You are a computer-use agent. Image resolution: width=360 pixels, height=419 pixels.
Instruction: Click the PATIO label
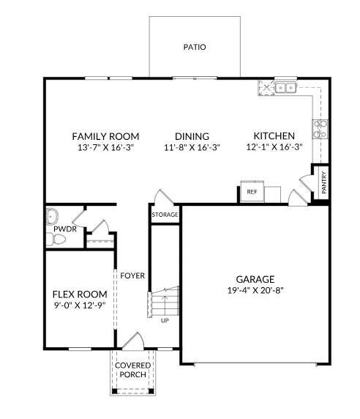[x=195, y=47]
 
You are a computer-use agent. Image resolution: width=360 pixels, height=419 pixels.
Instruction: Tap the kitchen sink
[x=286, y=88]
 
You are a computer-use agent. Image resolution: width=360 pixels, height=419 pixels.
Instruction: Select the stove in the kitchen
[x=320, y=129]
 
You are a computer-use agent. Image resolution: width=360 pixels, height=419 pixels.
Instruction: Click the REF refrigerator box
[x=252, y=192]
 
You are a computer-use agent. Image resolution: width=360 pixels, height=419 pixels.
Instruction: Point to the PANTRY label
[x=324, y=182]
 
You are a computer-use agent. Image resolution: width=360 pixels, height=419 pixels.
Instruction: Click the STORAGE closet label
[x=165, y=215]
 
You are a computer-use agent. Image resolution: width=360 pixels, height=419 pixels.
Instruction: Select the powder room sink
[x=52, y=216]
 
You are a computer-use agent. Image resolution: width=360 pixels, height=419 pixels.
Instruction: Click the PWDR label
[x=65, y=229]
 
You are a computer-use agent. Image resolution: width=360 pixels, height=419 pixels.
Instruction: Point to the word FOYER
[x=132, y=275]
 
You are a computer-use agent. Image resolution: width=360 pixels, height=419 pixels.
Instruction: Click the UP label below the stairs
[x=165, y=320]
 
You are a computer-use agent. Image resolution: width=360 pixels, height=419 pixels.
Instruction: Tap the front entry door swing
[x=133, y=341]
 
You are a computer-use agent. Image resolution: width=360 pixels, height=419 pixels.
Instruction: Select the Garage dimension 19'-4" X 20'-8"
[x=255, y=290]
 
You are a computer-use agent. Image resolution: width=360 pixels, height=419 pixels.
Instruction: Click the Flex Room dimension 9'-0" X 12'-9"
[x=80, y=305]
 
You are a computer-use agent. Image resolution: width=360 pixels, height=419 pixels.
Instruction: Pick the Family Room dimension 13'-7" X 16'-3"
[x=105, y=147]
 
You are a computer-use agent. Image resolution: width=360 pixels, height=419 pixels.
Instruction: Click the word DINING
[x=192, y=136]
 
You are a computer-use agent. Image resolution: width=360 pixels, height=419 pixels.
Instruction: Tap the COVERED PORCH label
[x=133, y=370]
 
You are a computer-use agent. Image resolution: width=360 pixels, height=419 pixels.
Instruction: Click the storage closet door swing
[x=164, y=197]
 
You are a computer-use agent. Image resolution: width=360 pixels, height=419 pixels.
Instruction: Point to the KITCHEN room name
[x=274, y=136]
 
